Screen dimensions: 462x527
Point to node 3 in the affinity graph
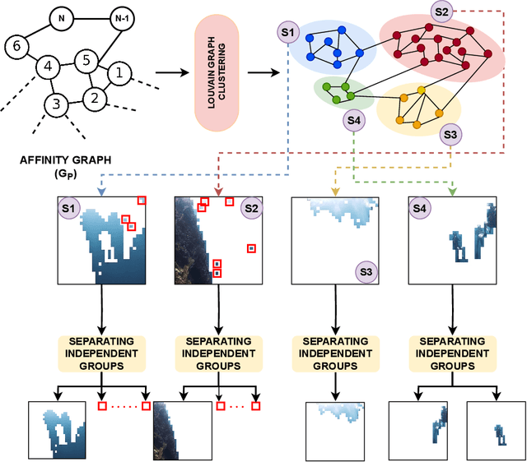pos(56,104)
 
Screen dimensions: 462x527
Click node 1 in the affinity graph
pos(119,74)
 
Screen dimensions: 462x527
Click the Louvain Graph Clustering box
pos(216,72)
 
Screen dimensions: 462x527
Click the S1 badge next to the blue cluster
pos(287,32)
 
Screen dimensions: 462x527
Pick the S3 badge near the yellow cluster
pos(450,134)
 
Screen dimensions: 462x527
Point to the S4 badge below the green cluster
pos(354,121)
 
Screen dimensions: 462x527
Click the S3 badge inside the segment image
pos(366,270)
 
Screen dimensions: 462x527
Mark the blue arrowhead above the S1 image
pos(100,191)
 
